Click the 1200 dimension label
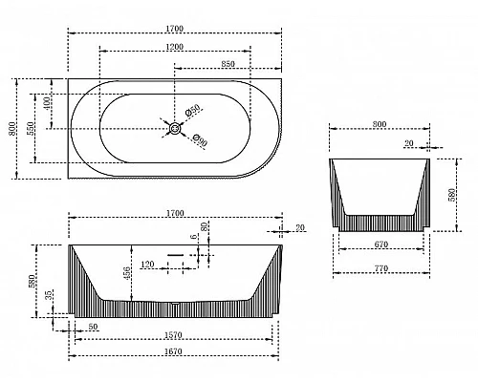coord(175,47)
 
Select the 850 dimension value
coord(228,64)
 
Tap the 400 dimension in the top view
coord(47,103)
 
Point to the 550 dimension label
coord(31,128)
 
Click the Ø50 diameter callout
coord(192,110)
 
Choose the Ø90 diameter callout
coord(200,140)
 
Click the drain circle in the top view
coord(175,129)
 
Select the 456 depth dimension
coord(126,273)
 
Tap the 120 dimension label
coord(147,265)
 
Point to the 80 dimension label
coord(205,226)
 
